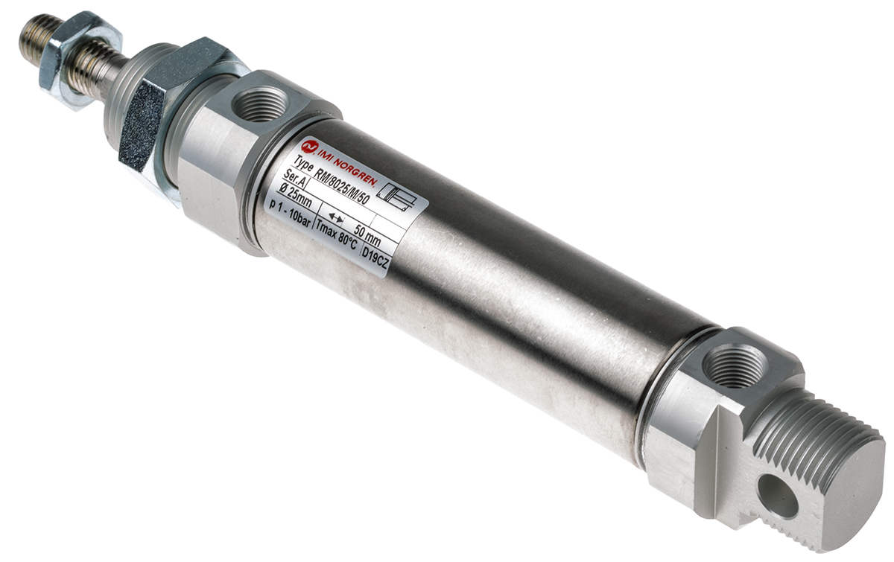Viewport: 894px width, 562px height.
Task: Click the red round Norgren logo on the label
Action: [308, 147]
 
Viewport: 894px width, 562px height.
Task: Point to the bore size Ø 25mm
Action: [295, 194]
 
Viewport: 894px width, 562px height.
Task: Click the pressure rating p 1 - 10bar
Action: [290, 214]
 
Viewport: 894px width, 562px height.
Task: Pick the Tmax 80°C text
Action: [335, 239]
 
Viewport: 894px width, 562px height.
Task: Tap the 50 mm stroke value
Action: [367, 235]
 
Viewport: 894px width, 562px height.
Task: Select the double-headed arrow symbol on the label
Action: [335, 218]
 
